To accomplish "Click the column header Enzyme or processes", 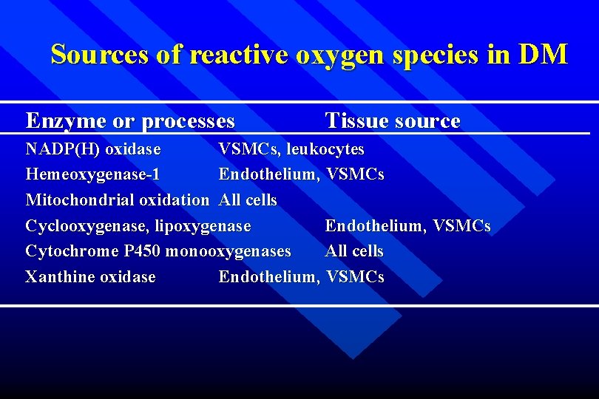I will (x=130, y=120).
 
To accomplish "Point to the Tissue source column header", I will (x=393, y=120).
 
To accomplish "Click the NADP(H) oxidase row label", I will (x=93, y=149).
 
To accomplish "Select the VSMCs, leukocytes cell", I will (x=291, y=149).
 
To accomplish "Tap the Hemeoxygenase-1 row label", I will (x=92, y=175).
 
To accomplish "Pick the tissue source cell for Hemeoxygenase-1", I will (x=301, y=175).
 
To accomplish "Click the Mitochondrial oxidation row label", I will (x=117, y=200).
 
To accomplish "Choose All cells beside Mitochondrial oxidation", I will (x=248, y=200).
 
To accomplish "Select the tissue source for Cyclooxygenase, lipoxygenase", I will (x=407, y=226).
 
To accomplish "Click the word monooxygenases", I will (x=229, y=251).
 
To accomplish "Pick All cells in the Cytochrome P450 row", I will (x=354, y=251).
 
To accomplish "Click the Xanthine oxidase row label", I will (x=90, y=277).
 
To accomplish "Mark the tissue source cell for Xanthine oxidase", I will (x=301, y=277).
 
